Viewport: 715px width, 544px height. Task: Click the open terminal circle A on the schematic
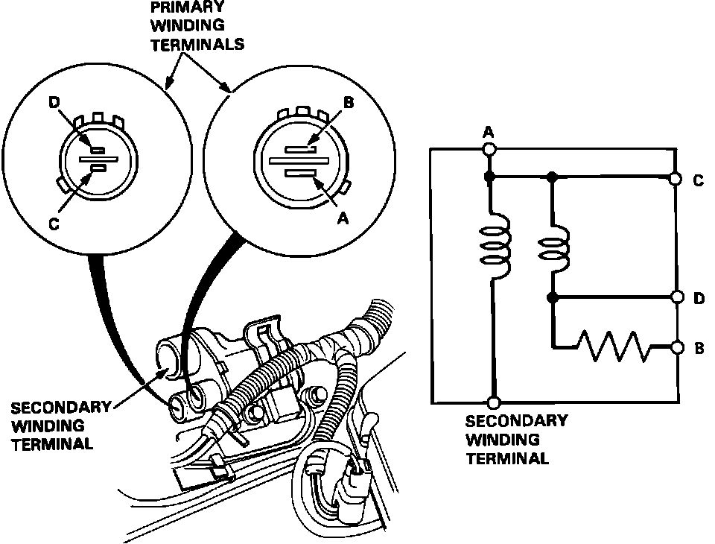click(x=489, y=149)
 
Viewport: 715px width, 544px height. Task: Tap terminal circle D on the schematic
click(x=677, y=297)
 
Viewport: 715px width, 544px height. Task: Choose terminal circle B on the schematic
click(x=677, y=347)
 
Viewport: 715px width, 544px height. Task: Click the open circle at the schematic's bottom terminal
click(x=489, y=402)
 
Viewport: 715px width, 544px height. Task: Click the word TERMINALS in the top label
click(x=197, y=44)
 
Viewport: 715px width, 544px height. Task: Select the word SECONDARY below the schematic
click(x=516, y=421)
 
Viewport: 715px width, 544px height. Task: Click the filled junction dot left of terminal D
click(x=552, y=297)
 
